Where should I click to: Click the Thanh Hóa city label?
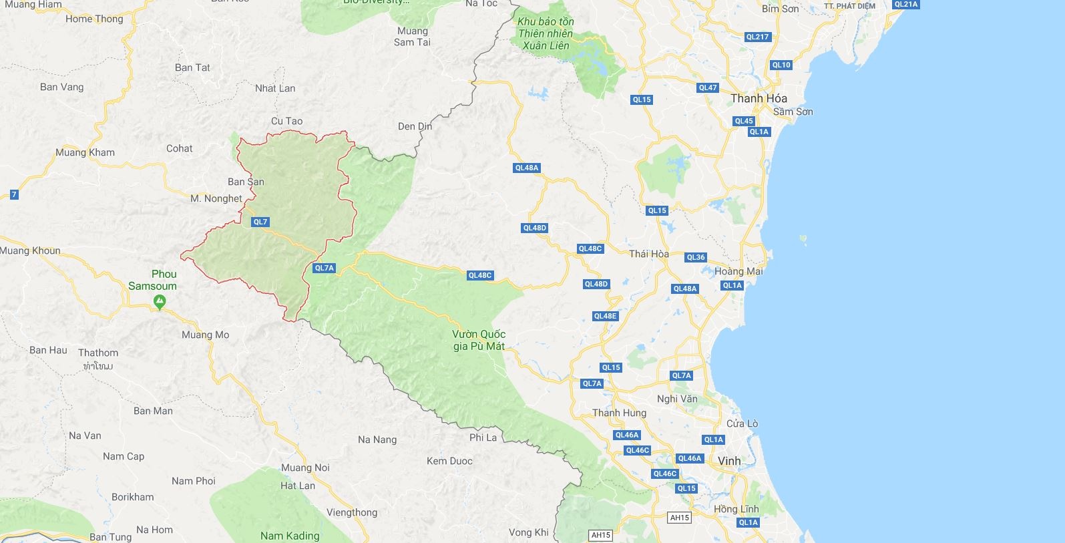click(759, 98)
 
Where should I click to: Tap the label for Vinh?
click(729, 461)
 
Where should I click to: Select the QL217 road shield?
click(757, 37)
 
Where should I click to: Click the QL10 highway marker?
click(781, 65)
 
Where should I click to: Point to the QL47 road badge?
click(707, 87)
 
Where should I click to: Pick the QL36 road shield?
click(695, 257)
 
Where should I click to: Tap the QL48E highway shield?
click(605, 316)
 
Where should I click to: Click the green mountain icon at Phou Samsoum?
click(160, 303)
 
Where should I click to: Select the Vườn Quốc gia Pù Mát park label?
click(479, 340)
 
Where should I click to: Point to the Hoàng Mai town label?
click(738, 271)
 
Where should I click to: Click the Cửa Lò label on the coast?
click(742, 423)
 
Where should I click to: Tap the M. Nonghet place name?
click(216, 198)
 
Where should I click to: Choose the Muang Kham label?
click(85, 152)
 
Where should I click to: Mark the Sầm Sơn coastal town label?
click(793, 112)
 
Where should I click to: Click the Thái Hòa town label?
click(649, 254)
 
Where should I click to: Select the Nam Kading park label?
click(290, 536)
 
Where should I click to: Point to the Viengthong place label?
click(352, 512)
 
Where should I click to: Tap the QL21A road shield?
click(905, 4)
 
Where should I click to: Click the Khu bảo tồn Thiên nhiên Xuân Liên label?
click(546, 33)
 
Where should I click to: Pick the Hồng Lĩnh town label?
click(736, 509)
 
